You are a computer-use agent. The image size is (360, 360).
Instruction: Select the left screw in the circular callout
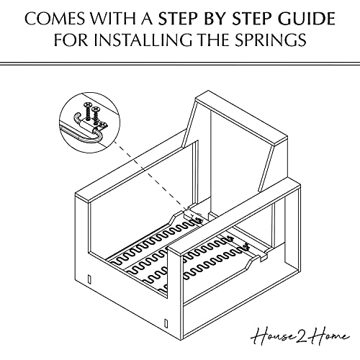(86, 113)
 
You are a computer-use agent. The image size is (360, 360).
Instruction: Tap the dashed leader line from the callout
(144, 170)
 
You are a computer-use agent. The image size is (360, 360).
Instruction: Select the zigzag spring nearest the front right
(216, 270)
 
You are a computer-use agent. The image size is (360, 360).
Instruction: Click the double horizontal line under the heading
(180, 63)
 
